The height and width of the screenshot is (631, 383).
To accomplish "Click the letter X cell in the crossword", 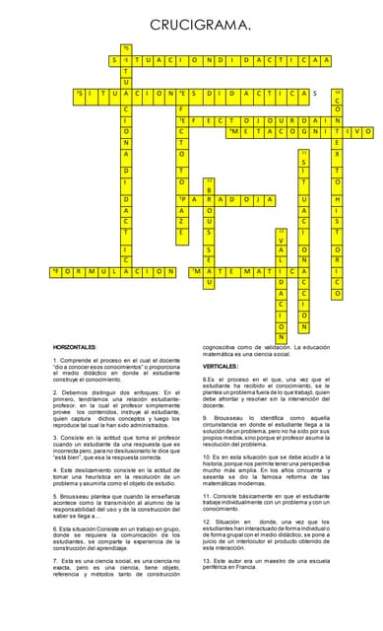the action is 337,154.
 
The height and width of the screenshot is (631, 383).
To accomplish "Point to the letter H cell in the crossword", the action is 337,198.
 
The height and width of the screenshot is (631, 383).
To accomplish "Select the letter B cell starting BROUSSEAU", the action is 209,188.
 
